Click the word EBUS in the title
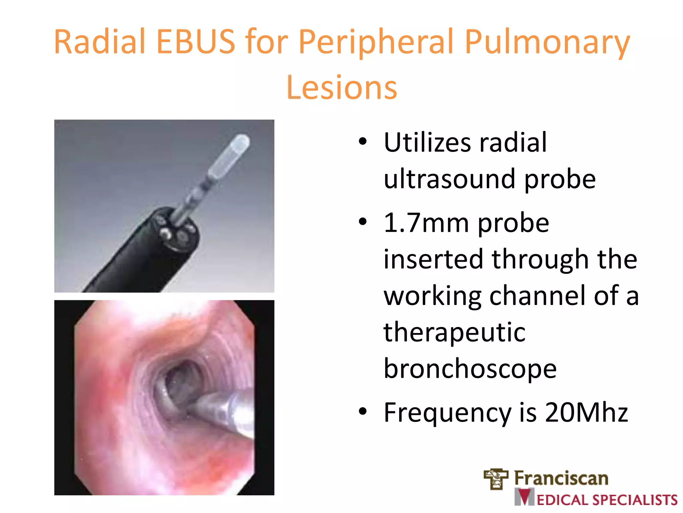pos(196,42)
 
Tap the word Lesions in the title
pos(341,88)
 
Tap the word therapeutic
pos(454,333)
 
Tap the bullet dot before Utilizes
pos(363,142)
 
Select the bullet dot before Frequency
pos(363,411)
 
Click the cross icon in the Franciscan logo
pos(496,478)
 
